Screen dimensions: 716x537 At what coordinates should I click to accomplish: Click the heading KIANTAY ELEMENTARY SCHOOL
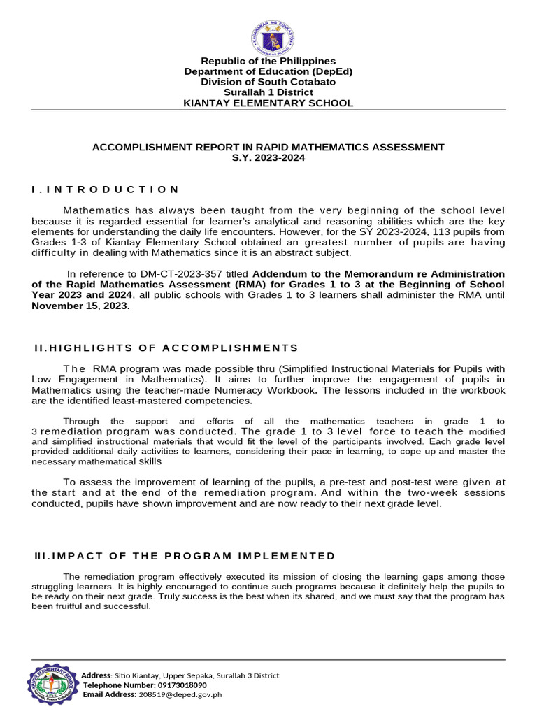pyautogui.click(x=268, y=103)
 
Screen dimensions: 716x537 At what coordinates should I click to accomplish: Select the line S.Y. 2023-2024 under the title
pyautogui.click(x=268, y=158)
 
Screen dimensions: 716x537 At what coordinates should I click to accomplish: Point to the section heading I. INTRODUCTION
pyautogui.click(x=106, y=189)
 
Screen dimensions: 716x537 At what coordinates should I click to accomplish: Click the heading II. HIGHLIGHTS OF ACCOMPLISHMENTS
pyautogui.click(x=166, y=348)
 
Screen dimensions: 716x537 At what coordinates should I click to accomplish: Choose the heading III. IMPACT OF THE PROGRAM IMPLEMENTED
pyautogui.click(x=185, y=556)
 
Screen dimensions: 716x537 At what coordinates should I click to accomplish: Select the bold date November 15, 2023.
pyautogui.click(x=80, y=306)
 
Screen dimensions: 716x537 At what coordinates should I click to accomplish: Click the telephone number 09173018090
pyautogui.click(x=178, y=685)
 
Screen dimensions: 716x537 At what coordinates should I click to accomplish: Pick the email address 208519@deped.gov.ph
pyautogui.click(x=180, y=695)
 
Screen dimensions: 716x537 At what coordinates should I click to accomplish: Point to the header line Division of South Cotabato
pyautogui.click(x=268, y=82)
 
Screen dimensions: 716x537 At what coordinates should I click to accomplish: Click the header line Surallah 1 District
pyautogui.click(x=268, y=92)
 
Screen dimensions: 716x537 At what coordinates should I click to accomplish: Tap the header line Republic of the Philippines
pyautogui.click(x=268, y=61)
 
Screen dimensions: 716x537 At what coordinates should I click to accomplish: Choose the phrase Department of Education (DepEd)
pyautogui.click(x=268, y=71)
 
